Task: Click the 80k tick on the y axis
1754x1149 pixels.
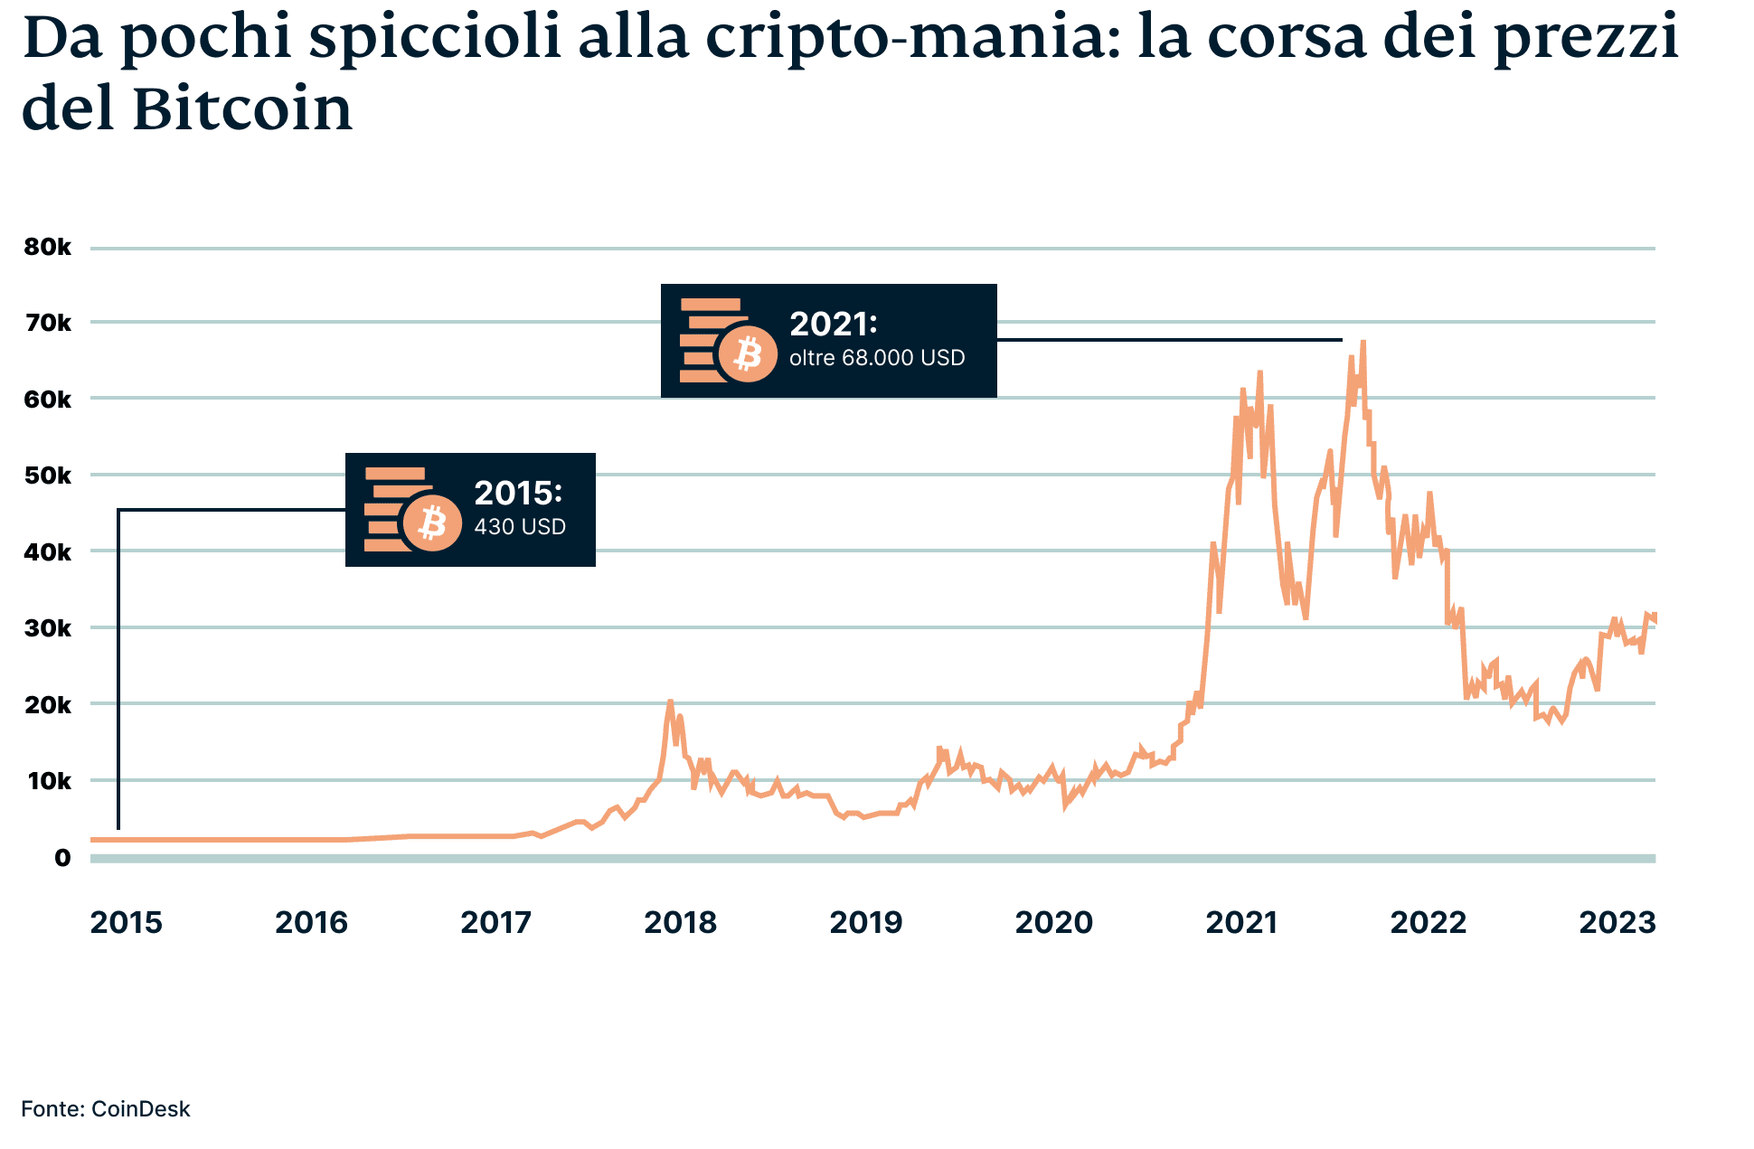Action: pyautogui.click(x=47, y=248)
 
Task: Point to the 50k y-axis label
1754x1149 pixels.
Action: pyautogui.click(x=47, y=476)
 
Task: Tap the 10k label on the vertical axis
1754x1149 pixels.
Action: pyautogui.click(x=47, y=781)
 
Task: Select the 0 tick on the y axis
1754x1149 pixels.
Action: pyautogui.click(x=61, y=858)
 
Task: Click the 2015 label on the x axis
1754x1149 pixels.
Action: pyautogui.click(x=126, y=923)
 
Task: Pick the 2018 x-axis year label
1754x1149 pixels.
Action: pyautogui.click(x=680, y=923)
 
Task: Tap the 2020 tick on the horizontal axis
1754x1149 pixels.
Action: pyautogui.click(x=1053, y=923)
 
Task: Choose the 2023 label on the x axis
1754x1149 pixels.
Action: pyautogui.click(x=1617, y=923)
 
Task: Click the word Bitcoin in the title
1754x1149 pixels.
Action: pyautogui.click(x=242, y=110)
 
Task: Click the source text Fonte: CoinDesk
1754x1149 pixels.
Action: pyautogui.click(x=106, y=1109)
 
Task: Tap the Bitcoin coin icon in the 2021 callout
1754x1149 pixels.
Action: pyautogui.click(x=747, y=353)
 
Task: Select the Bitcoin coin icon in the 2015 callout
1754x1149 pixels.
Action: pyautogui.click(x=432, y=523)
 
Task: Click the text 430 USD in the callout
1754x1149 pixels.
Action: pyautogui.click(x=520, y=527)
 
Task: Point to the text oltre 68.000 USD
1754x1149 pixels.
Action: pyautogui.click(x=877, y=358)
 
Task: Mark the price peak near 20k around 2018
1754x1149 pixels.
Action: pyautogui.click(x=670, y=702)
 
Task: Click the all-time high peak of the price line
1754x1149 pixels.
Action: pyautogui.click(x=1363, y=343)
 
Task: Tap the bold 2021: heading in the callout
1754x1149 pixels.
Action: pyautogui.click(x=833, y=324)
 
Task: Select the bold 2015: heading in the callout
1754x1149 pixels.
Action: pyautogui.click(x=518, y=493)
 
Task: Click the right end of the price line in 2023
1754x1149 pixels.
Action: pyautogui.click(x=1654, y=618)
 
